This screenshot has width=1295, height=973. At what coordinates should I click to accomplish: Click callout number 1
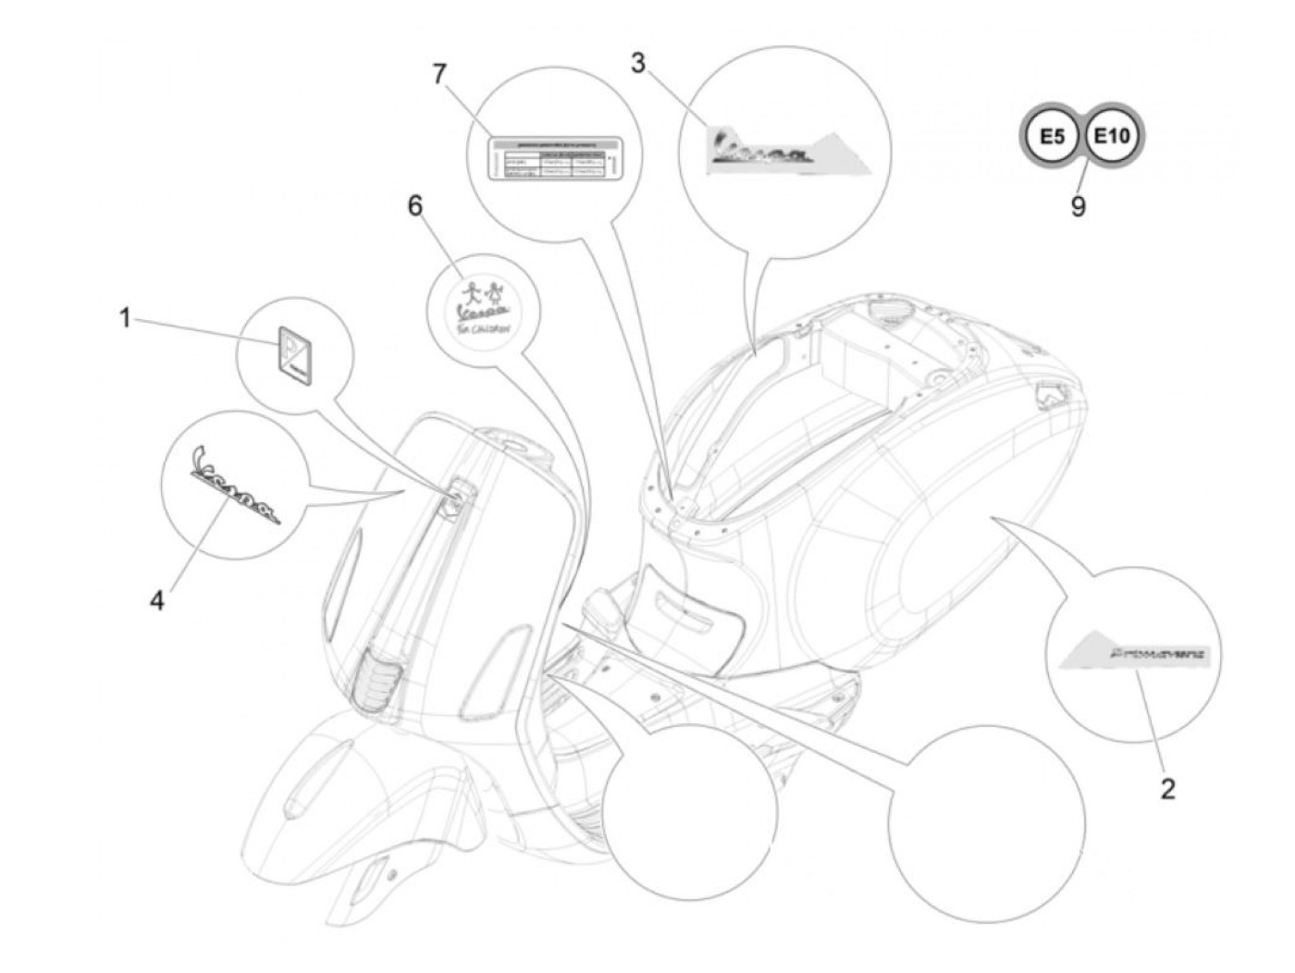124,318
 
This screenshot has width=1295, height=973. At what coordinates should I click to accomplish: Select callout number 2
1168,789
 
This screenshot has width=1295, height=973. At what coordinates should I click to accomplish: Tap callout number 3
638,63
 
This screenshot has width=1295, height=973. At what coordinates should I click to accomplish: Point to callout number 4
157,600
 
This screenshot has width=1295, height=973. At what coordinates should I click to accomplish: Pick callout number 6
415,205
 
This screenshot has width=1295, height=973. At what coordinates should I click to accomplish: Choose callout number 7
439,73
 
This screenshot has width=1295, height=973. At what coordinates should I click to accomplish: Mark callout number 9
1078,204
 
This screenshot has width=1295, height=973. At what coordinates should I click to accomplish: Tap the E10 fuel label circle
1111,137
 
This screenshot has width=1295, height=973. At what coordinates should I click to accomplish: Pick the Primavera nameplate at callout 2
1135,653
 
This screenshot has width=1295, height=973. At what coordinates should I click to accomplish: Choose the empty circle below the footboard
689,809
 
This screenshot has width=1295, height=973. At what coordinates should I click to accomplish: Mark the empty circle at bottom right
986,823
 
